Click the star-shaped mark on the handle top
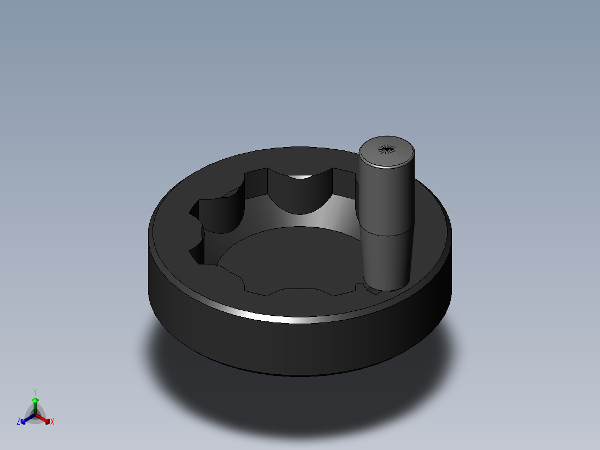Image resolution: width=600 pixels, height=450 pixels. point(387,149)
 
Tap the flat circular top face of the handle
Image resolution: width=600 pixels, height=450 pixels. point(387,151)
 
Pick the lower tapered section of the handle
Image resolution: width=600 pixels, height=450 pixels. point(387,261)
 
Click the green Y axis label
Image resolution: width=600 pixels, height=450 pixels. point(35,392)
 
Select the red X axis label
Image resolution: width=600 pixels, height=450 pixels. point(52,422)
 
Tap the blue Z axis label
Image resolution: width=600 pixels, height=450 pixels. point(18,422)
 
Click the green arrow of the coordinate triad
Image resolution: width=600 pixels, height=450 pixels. point(35,406)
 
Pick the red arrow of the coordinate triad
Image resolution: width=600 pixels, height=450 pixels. point(43,419)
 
